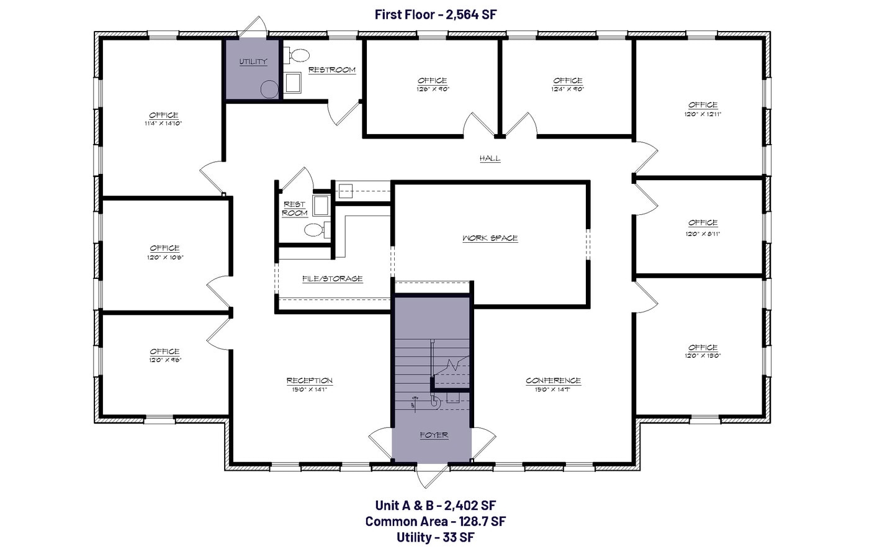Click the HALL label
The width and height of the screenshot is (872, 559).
pyautogui.click(x=490, y=158)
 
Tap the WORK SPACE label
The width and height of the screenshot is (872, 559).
pyautogui.click(x=490, y=238)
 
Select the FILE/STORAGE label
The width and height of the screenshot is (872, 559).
pyautogui.click(x=332, y=278)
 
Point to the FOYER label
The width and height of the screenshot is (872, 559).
pyautogui.click(x=434, y=435)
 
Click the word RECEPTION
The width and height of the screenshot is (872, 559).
pyautogui.click(x=309, y=380)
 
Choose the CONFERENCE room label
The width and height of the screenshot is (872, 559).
pyautogui.click(x=553, y=380)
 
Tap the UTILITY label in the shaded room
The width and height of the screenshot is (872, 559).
pyautogui.click(x=253, y=61)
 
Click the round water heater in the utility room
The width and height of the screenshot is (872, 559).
pyautogui.click(x=269, y=89)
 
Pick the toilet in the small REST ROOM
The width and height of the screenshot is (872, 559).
pyautogui.click(x=315, y=230)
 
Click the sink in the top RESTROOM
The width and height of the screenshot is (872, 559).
pyautogui.click(x=292, y=83)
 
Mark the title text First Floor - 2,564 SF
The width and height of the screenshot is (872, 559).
pyautogui.click(x=436, y=14)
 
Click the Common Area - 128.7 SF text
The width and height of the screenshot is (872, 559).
pyautogui.click(x=435, y=521)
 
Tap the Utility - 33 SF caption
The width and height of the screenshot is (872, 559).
pyautogui.click(x=435, y=537)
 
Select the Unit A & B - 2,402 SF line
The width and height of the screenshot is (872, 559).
pyautogui.click(x=435, y=506)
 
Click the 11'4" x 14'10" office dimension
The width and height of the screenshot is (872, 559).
pyautogui.click(x=163, y=124)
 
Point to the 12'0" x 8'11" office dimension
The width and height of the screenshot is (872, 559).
pyautogui.click(x=703, y=234)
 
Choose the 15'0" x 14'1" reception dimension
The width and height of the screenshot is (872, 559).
pyautogui.click(x=309, y=389)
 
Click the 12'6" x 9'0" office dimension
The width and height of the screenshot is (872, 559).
pyautogui.click(x=432, y=89)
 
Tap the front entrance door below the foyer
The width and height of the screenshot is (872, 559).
pyautogui.click(x=432, y=475)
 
